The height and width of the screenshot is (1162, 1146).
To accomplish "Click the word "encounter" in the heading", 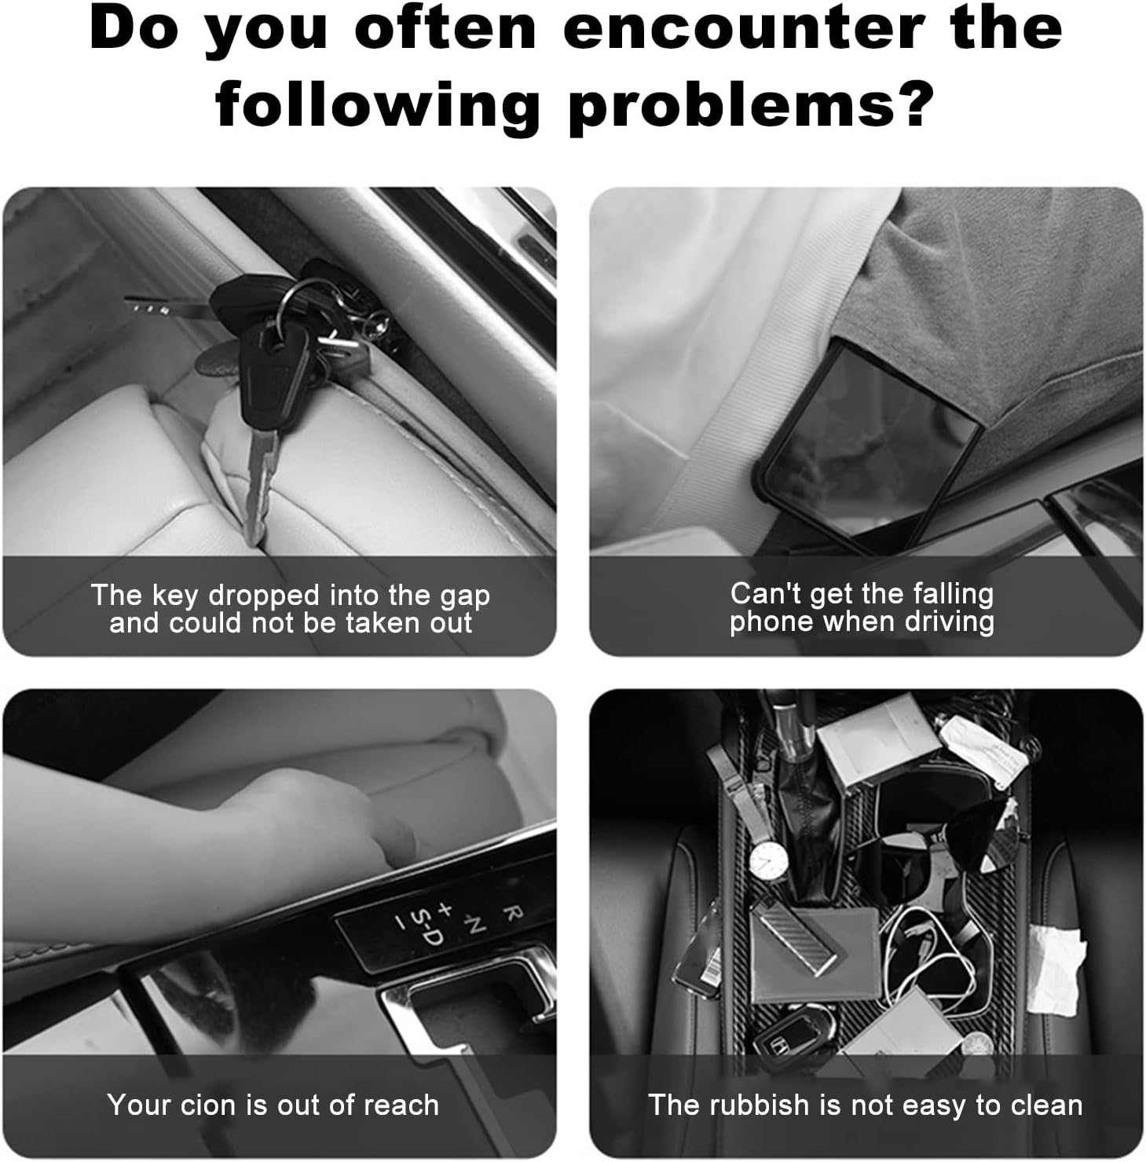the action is tap(742, 28).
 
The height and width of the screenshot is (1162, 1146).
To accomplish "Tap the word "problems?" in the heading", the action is tap(751, 104).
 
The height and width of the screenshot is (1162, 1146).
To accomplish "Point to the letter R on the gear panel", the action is tap(511, 913).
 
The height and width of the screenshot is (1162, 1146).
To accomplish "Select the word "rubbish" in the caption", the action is tap(759, 1105).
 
